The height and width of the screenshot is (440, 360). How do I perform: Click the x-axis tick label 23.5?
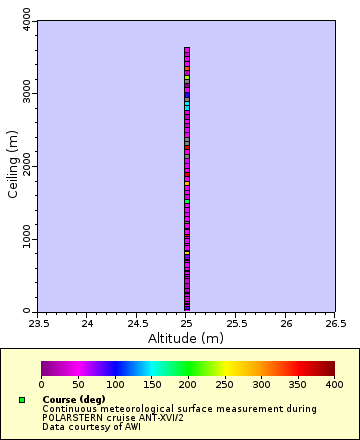pyautogui.click(x=38, y=323)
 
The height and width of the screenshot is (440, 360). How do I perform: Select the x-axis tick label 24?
pyautogui.click(x=87, y=323)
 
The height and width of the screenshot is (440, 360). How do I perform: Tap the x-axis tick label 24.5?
pyautogui.click(x=137, y=323)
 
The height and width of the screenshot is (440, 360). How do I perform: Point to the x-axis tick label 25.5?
pyautogui.click(x=236, y=323)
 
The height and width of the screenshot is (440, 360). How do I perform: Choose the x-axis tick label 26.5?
pyautogui.click(x=335, y=323)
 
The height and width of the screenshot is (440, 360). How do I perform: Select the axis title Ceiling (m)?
pyautogui.click(x=13, y=165)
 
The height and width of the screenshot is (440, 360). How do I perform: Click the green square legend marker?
pyautogui.click(x=22, y=400)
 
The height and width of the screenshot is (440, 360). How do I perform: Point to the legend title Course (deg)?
pyautogui.click(x=73, y=399)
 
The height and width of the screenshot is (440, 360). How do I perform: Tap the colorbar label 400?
pyautogui.click(x=334, y=384)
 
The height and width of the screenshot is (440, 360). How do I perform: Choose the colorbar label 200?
pyautogui.click(x=188, y=384)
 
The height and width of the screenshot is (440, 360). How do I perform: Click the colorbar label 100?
pyautogui.click(x=114, y=384)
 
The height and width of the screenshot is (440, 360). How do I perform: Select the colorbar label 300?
pyautogui.click(x=261, y=384)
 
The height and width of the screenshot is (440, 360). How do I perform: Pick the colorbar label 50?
pyautogui.click(x=78, y=384)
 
